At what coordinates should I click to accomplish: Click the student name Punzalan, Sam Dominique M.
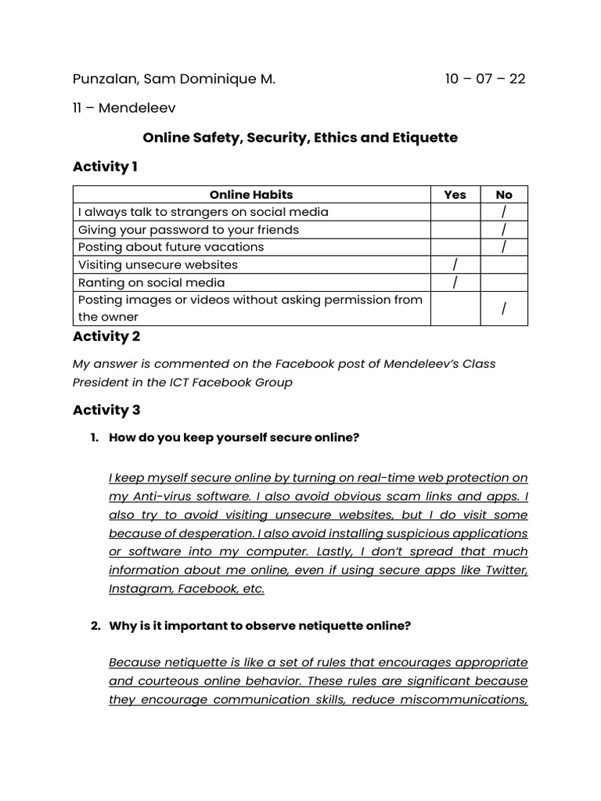(174, 79)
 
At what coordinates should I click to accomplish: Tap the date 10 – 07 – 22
(485, 79)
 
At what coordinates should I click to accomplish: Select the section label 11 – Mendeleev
(124, 108)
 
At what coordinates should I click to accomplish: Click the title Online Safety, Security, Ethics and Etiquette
(300, 138)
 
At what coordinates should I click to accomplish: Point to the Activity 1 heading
(105, 167)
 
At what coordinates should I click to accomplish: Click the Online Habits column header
(251, 195)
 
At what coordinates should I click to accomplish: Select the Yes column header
(455, 195)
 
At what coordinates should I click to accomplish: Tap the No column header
(504, 195)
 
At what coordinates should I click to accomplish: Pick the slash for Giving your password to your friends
(504, 230)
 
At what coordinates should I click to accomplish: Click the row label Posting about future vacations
(171, 247)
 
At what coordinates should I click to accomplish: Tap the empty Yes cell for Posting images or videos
(455, 308)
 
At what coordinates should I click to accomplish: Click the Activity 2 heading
(106, 336)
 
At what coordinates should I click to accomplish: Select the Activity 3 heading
(106, 410)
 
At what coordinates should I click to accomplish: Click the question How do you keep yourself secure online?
(234, 438)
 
